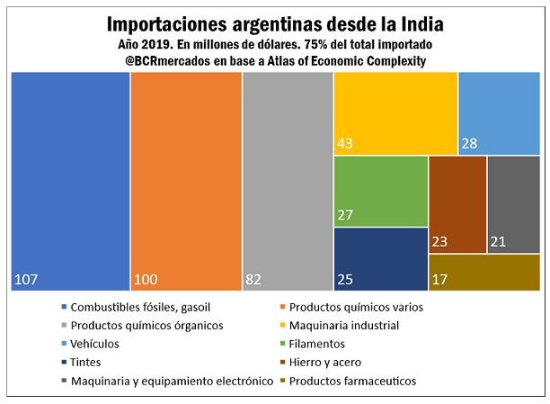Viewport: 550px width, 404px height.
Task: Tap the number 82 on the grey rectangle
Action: (255, 280)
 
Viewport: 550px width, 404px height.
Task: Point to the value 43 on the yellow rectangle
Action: (346, 144)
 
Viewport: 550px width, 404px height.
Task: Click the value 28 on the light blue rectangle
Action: (470, 144)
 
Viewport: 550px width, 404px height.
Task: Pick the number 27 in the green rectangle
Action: (346, 216)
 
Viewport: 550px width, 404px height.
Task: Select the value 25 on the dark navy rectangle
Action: (346, 280)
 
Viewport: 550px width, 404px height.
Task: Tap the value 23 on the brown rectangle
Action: (440, 241)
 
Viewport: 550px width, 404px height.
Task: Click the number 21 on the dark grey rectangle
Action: (499, 241)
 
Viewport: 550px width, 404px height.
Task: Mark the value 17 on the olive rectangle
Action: (440, 280)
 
